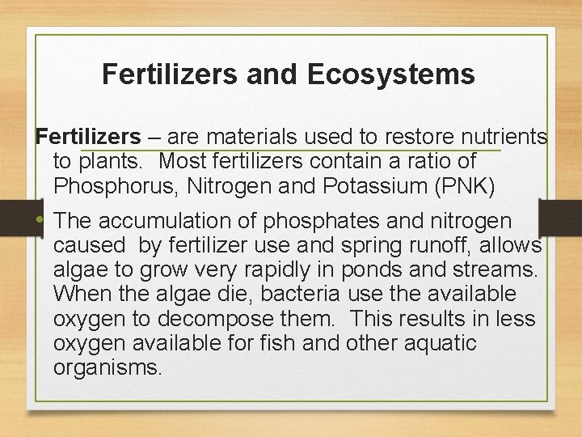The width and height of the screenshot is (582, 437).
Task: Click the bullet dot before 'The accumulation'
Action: (x=40, y=221)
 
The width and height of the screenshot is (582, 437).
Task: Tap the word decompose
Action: (x=233, y=318)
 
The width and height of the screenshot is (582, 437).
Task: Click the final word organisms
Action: (x=108, y=367)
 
